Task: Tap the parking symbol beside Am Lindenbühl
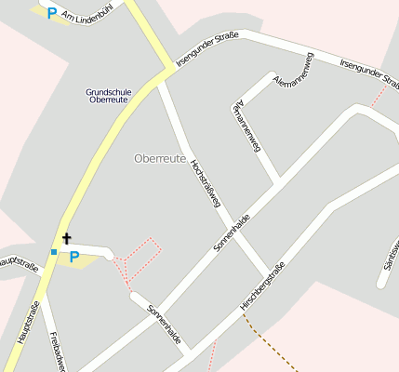(x=52, y=13)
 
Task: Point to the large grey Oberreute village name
(x=160, y=158)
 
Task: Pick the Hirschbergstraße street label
(x=261, y=286)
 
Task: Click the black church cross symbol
(x=66, y=239)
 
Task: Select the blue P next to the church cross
(x=74, y=256)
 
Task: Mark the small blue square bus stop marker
(x=54, y=252)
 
